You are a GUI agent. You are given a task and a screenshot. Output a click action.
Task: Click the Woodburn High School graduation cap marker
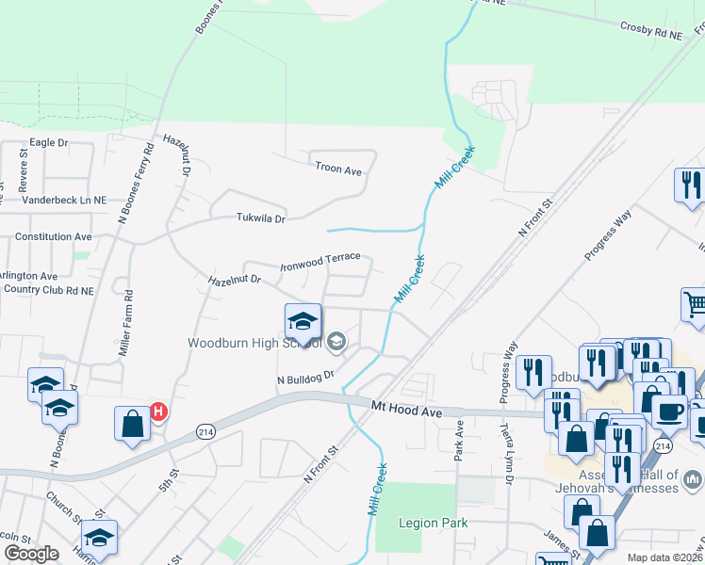[303, 322]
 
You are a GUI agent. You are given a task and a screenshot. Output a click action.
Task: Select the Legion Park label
[434, 524]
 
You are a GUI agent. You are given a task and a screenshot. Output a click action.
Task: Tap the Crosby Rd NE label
[650, 32]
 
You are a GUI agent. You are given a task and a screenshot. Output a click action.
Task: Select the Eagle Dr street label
[49, 142]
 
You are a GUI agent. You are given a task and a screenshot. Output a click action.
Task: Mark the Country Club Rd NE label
[48, 291]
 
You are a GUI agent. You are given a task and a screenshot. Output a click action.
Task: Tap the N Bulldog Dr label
[305, 378]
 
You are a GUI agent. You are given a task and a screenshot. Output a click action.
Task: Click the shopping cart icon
[695, 304]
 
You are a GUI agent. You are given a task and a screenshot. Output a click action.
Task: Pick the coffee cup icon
[668, 412]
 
